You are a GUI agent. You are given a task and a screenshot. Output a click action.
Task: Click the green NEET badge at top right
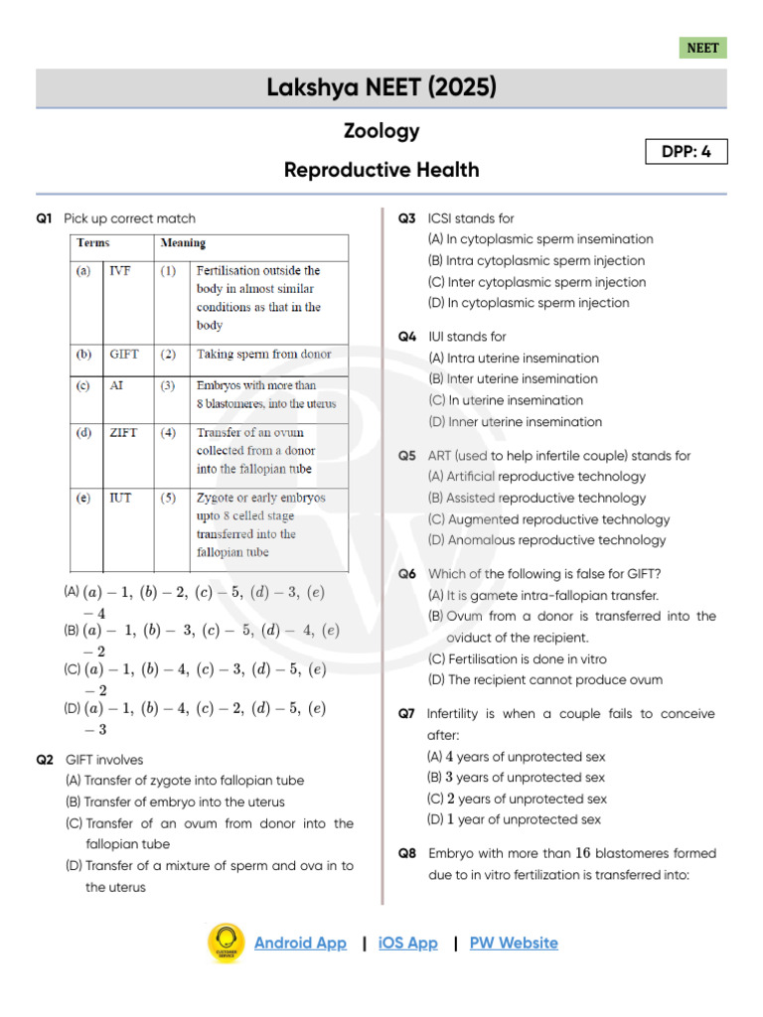[702, 48]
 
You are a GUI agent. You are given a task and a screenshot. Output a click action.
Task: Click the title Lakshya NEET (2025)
[381, 88]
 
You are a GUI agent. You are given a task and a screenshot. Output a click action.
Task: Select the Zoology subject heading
[381, 131]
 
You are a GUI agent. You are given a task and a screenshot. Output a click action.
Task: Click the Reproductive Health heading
[381, 170]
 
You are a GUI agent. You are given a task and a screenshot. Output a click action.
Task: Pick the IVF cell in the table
[119, 270]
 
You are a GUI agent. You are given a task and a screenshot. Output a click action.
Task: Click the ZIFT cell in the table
[123, 433]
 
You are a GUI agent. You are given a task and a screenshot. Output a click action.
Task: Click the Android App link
[300, 943]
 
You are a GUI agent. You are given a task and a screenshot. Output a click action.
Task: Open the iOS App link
[407, 943]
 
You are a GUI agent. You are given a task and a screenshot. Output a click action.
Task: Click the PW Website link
[514, 943]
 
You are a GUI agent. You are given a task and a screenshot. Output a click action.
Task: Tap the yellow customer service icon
[226, 943]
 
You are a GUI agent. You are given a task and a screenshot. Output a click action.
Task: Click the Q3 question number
[407, 218]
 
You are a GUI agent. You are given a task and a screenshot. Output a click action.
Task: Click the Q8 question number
[407, 854]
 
